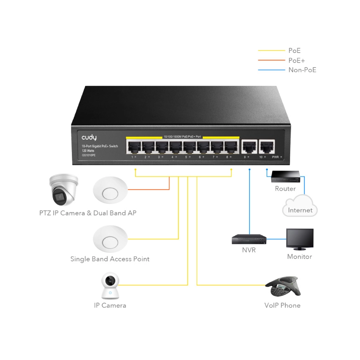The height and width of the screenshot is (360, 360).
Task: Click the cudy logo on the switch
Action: point(89,137)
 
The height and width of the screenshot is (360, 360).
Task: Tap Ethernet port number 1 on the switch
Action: point(135,147)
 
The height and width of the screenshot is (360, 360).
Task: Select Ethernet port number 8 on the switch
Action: point(231,147)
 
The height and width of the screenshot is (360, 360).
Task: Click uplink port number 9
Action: point(249,147)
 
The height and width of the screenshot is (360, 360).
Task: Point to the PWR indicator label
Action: point(275,157)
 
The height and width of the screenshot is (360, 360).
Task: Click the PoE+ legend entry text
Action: point(296,61)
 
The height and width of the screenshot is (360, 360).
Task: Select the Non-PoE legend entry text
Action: point(302,70)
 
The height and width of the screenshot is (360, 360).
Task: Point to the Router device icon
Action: point(285,177)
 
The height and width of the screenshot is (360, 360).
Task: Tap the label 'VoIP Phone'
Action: point(282,306)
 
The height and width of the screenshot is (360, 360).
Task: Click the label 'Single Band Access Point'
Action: point(110,259)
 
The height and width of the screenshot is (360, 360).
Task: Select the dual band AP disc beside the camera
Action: point(110,191)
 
